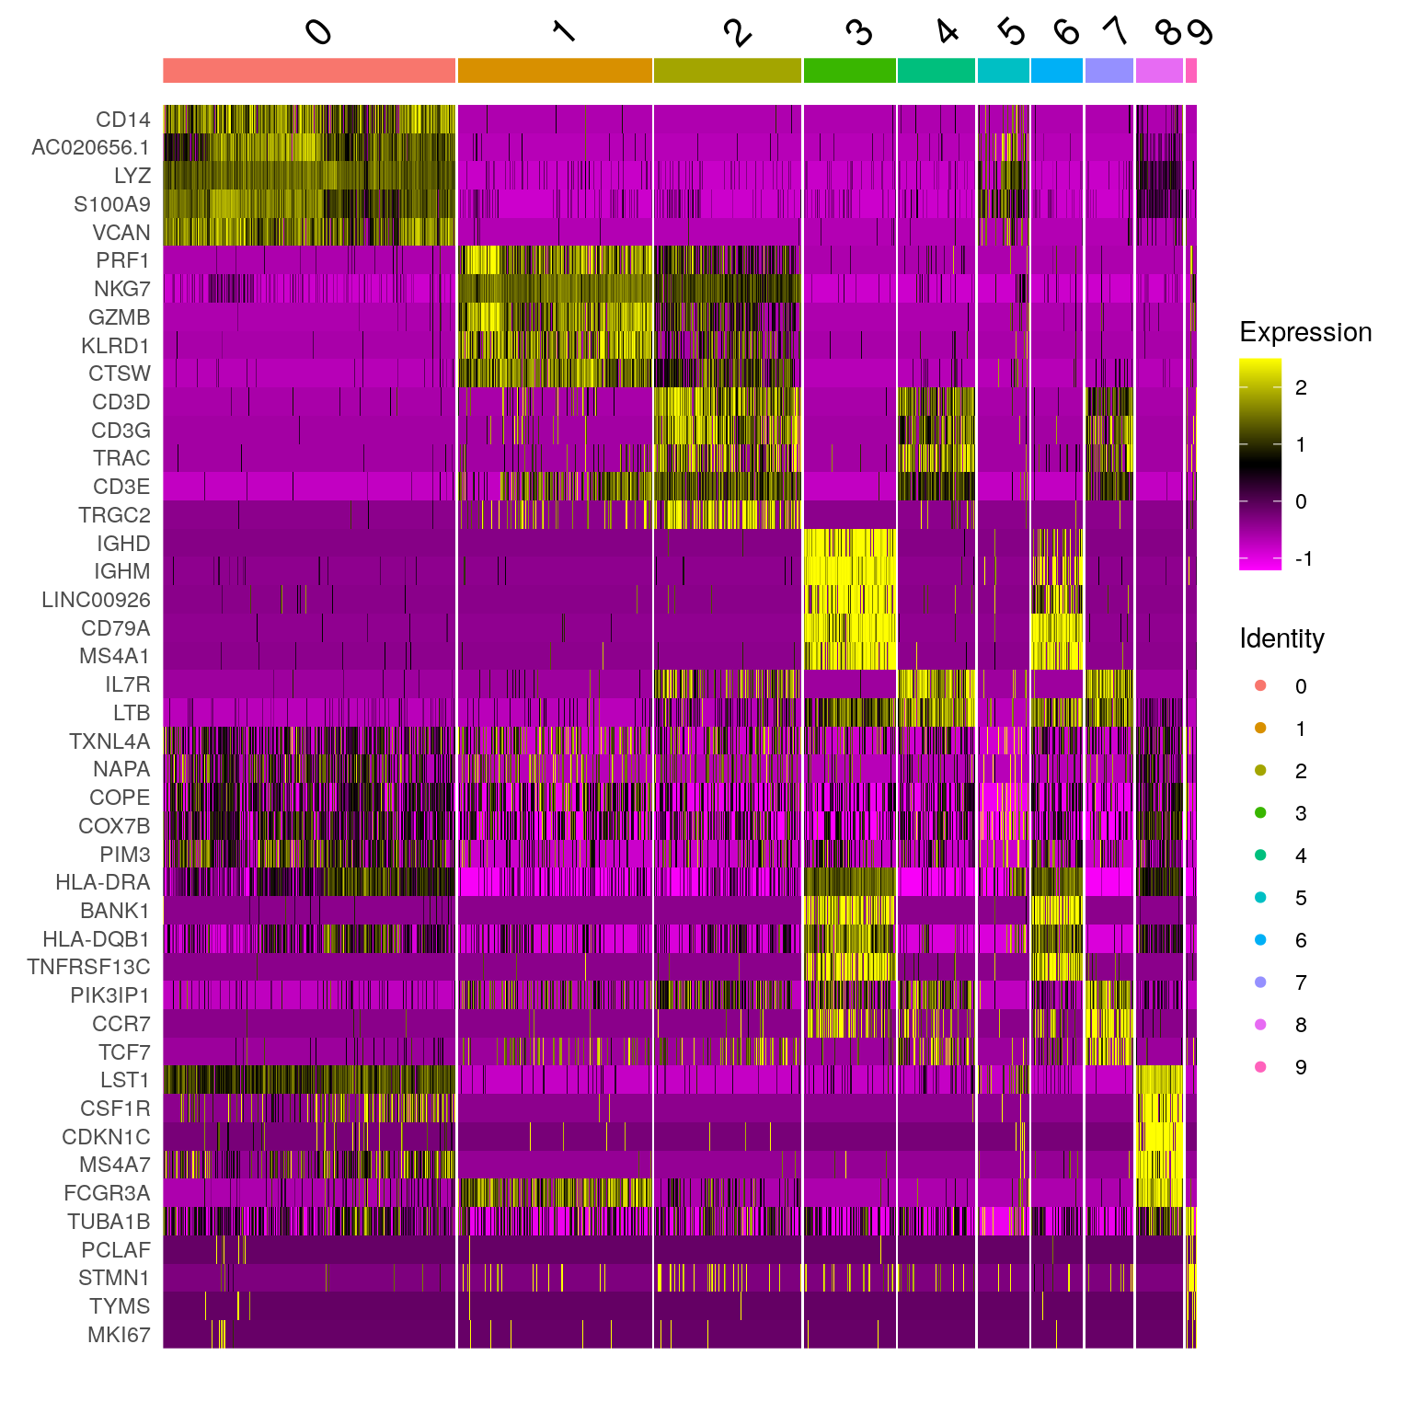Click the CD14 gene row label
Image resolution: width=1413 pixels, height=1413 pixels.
[x=122, y=120]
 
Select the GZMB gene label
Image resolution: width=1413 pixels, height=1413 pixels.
[x=119, y=317]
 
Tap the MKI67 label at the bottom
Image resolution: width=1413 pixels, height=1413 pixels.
[x=119, y=1335]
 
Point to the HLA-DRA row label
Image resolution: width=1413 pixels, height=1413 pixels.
[x=102, y=882]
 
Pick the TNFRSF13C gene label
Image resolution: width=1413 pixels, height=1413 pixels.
[x=88, y=967]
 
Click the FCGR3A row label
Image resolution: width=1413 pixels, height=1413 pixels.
[x=107, y=1193]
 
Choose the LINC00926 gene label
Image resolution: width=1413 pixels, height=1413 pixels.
[x=96, y=600]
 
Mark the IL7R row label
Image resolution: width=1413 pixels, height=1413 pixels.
[x=127, y=684]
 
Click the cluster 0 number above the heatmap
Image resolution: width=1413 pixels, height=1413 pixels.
[x=318, y=33]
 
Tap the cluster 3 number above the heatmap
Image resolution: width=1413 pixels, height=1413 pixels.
[x=858, y=33]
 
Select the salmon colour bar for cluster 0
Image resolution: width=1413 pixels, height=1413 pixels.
[x=309, y=71]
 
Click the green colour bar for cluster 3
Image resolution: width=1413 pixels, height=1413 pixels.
[x=849, y=71]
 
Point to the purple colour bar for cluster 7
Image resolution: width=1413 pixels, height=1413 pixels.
[x=1109, y=71]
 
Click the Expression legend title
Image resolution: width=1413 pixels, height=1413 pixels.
[x=1305, y=332]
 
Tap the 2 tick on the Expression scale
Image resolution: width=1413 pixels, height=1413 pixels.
[x=1301, y=387]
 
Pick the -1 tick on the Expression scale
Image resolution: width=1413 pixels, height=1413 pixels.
[x=1303, y=558]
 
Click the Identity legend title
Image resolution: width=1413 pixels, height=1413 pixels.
[x=1281, y=638]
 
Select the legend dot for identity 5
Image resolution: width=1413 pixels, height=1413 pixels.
[x=1260, y=898]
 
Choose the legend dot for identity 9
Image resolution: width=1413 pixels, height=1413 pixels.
[x=1260, y=1067]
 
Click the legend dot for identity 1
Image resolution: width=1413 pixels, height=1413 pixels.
[x=1260, y=729]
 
